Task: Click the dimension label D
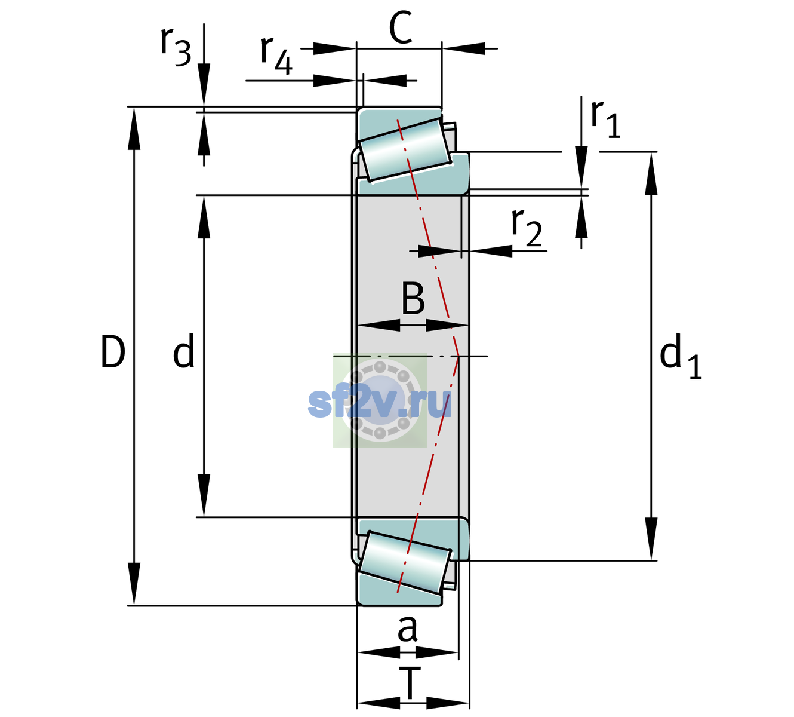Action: point(113,352)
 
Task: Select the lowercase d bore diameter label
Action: point(184,351)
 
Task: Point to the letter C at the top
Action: point(401,27)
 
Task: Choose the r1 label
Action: point(605,119)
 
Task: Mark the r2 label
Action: point(527,228)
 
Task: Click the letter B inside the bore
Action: point(413,298)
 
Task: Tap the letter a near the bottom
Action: point(407,629)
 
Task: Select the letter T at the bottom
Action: point(410,684)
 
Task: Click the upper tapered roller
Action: point(405,150)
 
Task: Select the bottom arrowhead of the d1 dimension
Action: point(651,539)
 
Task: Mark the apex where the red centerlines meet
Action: point(458,356)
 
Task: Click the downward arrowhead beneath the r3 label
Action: point(204,85)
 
